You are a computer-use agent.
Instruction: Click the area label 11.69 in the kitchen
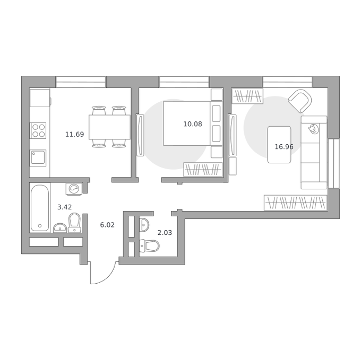click(x=75, y=134)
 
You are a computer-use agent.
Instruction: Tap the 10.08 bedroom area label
click(x=193, y=124)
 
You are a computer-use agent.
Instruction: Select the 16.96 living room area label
click(x=284, y=147)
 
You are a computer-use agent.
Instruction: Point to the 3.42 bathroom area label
click(x=64, y=207)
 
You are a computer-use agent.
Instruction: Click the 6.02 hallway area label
click(x=107, y=225)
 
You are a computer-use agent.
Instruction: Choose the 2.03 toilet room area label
click(x=165, y=233)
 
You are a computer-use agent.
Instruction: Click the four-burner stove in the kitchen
click(x=38, y=130)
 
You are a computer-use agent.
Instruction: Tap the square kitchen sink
click(x=38, y=157)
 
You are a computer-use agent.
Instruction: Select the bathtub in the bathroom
click(x=40, y=208)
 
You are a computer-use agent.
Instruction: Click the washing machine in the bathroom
click(x=74, y=189)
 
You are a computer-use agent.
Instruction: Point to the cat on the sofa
click(x=313, y=129)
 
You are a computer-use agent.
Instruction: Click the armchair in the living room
click(x=300, y=101)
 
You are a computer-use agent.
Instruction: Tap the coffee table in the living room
click(x=279, y=145)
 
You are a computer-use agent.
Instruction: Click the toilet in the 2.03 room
click(x=150, y=245)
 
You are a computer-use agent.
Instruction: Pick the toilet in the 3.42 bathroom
click(x=75, y=223)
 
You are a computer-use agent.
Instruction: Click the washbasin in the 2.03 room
click(x=144, y=225)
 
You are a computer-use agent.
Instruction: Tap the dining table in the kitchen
click(x=109, y=127)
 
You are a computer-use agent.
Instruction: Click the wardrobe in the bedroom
click(x=203, y=170)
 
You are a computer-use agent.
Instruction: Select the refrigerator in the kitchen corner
click(x=40, y=98)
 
